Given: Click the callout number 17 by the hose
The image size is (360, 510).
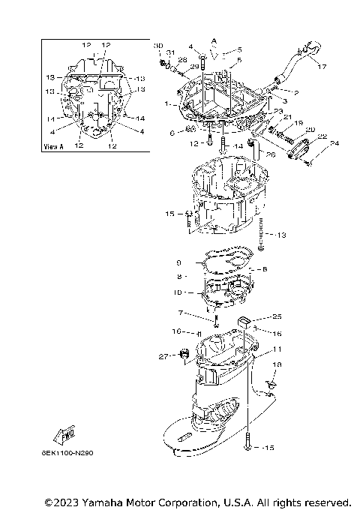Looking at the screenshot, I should [x=322, y=66].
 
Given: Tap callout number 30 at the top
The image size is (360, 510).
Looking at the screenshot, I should [x=157, y=46].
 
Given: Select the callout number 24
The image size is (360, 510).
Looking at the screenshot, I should [x=334, y=143].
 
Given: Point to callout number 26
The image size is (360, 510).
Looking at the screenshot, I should [x=271, y=155].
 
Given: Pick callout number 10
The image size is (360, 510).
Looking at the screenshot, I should [x=178, y=292].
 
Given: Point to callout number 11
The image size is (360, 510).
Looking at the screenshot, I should [x=277, y=349].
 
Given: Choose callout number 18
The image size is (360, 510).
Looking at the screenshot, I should [x=277, y=364].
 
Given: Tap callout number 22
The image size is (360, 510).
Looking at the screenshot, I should [x=322, y=136].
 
